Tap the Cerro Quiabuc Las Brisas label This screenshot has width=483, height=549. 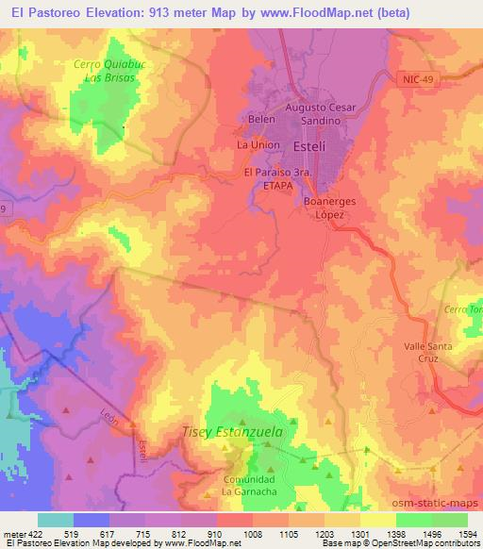click(x=106, y=71)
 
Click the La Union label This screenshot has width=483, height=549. click(x=255, y=145)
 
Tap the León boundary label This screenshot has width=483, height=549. click(x=108, y=417)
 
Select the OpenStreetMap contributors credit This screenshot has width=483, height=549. click(x=424, y=544)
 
